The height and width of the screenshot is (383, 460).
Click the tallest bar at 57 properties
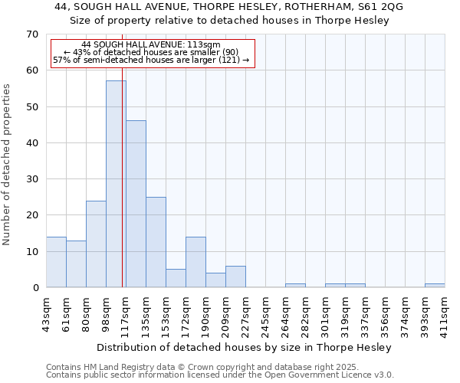tap(116, 184)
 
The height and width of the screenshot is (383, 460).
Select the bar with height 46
tap(136, 204)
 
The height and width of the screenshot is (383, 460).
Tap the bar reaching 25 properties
tap(156, 242)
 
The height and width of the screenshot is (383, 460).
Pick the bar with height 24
tap(96, 244)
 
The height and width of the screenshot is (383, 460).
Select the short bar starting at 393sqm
tap(435, 286)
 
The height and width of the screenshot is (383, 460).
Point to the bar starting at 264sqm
tap(295, 286)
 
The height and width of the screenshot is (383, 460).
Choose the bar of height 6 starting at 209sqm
tap(235, 277)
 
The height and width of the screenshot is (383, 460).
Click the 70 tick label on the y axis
tap(31, 34)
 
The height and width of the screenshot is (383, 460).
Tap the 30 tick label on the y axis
tap(31, 179)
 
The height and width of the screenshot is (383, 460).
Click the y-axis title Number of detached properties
tap(7, 165)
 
